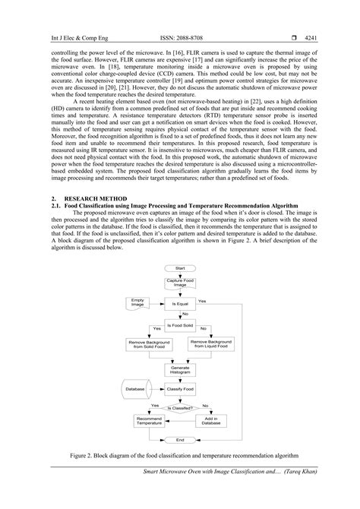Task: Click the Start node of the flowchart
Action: (x=180, y=269)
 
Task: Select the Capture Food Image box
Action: (x=180, y=283)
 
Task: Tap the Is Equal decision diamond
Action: (x=180, y=302)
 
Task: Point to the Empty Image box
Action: (x=137, y=302)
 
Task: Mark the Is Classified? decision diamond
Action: (x=180, y=408)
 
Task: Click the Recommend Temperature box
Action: (x=148, y=421)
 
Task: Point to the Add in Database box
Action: (x=211, y=421)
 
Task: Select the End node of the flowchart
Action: (x=180, y=440)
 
